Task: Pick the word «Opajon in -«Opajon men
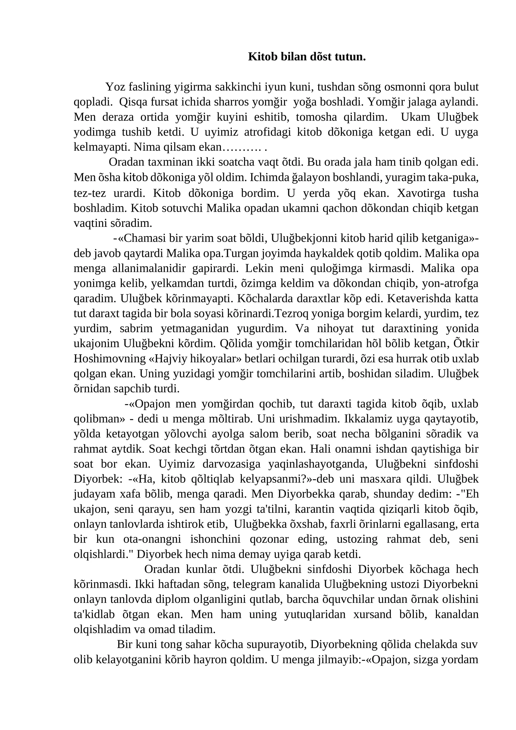pyautogui.click(x=152, y=404)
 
